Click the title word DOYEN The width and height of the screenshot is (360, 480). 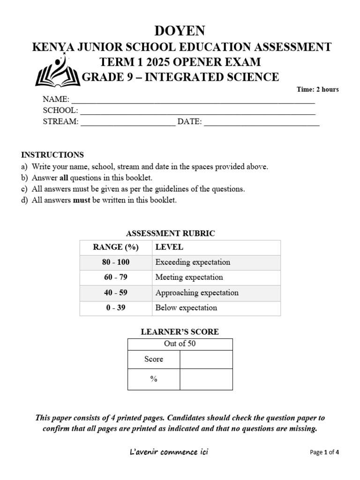(180, 31)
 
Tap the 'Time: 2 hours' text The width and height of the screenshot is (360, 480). (317, 90)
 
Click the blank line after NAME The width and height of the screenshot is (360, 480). (193, 101)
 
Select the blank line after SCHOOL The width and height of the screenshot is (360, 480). (197, 112)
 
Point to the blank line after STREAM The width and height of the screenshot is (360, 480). (128, 124)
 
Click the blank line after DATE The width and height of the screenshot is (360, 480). (262, 124)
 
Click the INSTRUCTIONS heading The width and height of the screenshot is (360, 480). (52, 155)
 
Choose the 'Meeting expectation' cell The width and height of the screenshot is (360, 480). (189, 277)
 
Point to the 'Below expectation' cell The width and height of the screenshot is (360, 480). (186, 308)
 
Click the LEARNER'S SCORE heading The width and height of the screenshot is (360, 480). (180, 332)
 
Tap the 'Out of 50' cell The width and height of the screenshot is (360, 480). (180, 344)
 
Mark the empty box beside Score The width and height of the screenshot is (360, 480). (206, 360)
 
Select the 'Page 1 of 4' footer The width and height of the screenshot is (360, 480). (324, 452)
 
